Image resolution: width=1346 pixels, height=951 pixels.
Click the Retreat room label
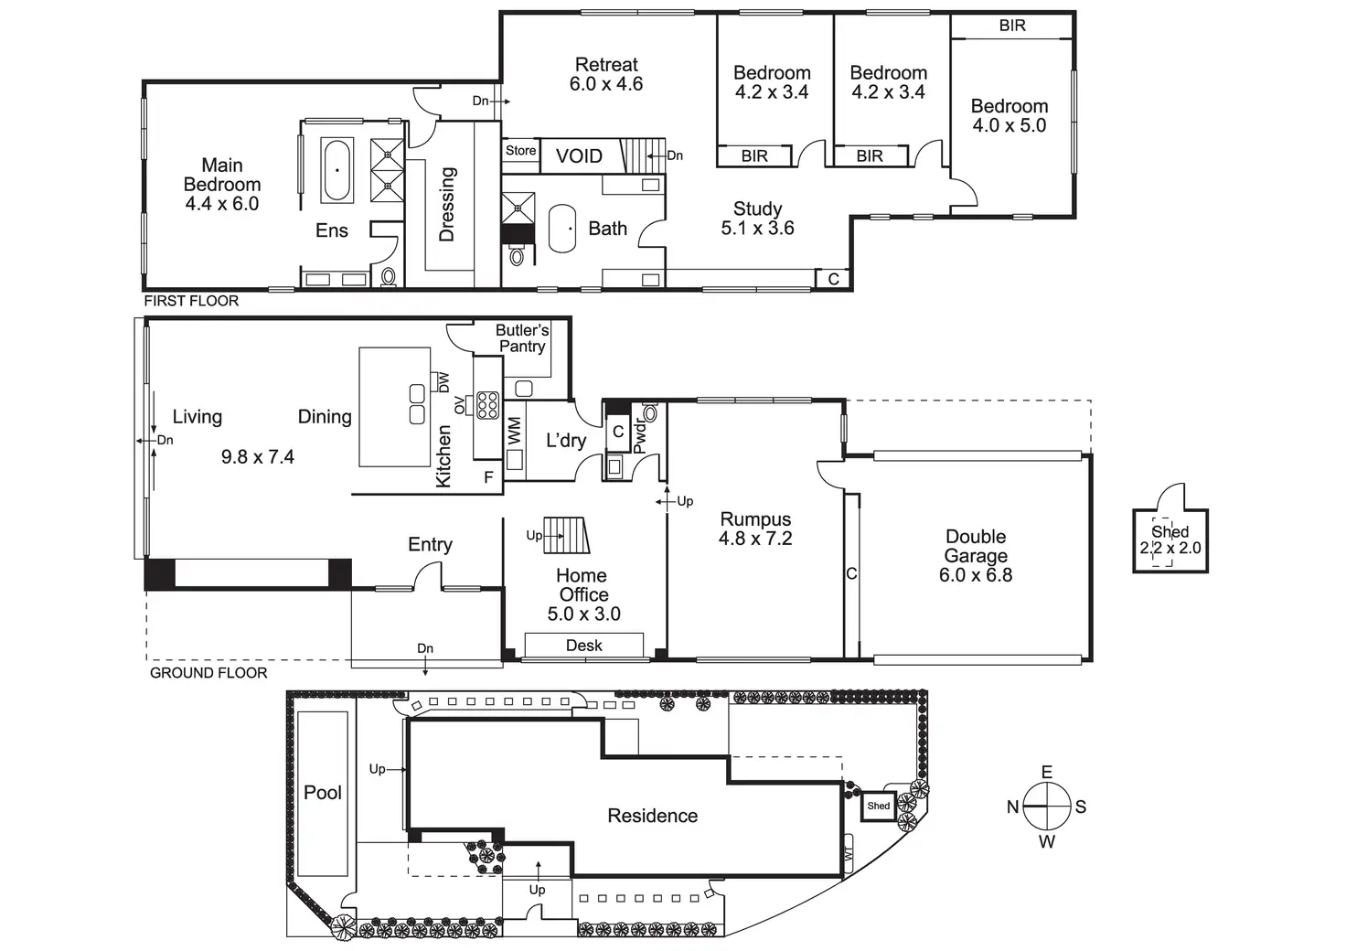606,65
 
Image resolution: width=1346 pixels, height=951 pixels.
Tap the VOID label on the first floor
579,156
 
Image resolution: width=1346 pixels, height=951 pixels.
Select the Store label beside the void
521,151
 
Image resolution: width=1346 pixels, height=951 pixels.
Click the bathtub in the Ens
337,170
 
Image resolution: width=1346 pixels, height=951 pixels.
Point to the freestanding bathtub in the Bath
561,229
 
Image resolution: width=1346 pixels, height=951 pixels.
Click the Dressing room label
447,204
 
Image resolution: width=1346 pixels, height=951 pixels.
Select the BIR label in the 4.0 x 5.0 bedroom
1012,26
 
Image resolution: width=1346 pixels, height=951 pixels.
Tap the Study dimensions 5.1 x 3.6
757,229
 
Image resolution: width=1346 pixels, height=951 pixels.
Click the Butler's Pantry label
522,338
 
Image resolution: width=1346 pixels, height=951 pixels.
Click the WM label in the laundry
514,431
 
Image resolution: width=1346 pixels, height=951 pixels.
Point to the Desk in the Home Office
583,646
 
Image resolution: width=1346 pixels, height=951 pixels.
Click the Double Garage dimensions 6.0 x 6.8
976,575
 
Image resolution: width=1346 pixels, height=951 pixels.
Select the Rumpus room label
755,519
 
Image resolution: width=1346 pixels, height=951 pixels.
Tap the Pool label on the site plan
323,793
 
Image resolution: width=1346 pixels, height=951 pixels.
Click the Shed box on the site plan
879,806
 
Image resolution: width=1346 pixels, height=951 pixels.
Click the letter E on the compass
1047,773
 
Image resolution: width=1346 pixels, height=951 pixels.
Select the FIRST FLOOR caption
191,301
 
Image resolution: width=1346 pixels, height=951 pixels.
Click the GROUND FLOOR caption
208,673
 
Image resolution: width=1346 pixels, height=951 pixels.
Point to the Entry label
430,545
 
